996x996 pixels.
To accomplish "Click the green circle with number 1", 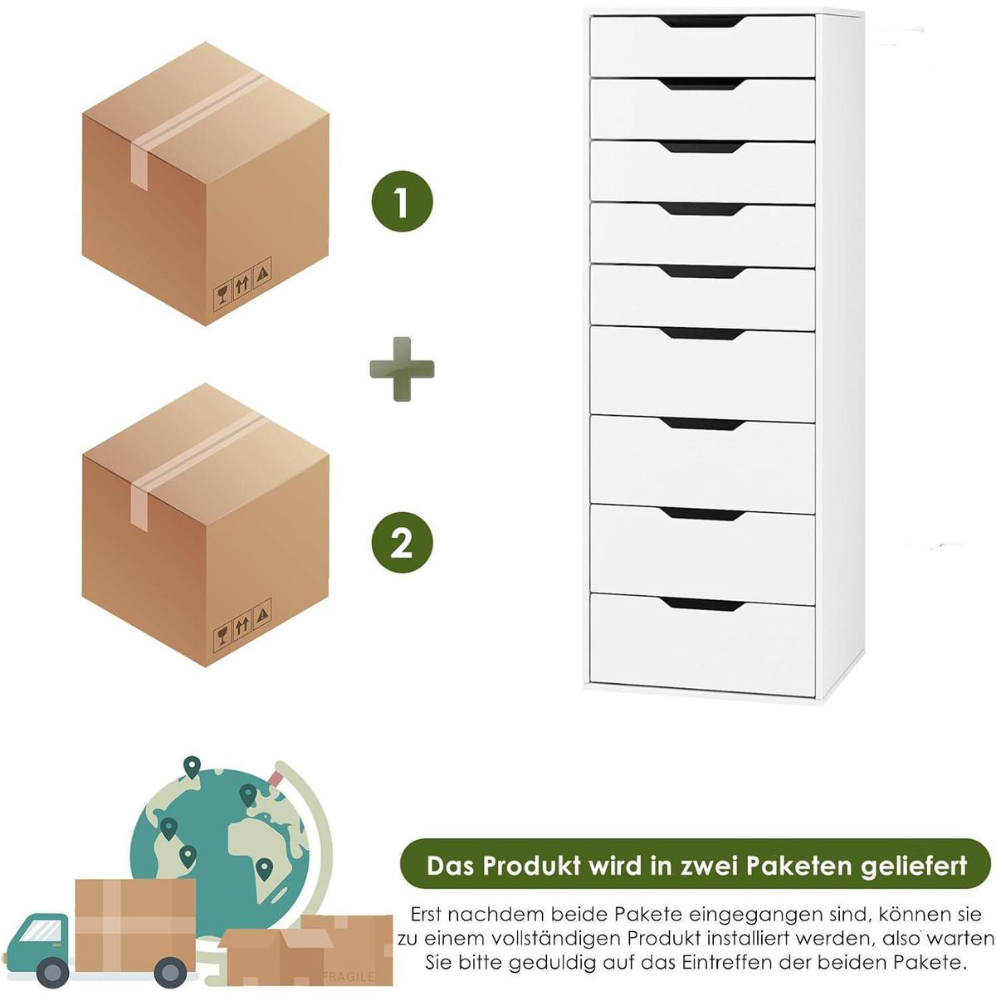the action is [x=402, y=201].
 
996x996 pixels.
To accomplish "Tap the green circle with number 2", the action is [x=402, y=542].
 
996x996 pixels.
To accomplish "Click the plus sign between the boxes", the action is [x=402, y=369].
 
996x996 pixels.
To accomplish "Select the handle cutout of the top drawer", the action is [x=702, y=22].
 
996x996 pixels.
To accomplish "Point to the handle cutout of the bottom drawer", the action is [x=702, y=603].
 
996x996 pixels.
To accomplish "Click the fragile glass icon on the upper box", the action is [x=222, y=297].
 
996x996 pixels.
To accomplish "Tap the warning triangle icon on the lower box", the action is [x=263, y=613].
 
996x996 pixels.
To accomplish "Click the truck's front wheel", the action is [x=52, y=972].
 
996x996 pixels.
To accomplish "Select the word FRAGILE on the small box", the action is [x=348, y=976].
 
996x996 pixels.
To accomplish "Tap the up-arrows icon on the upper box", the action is [x=242, y=284].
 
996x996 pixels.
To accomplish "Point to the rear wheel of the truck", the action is [x=171, y=973].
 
